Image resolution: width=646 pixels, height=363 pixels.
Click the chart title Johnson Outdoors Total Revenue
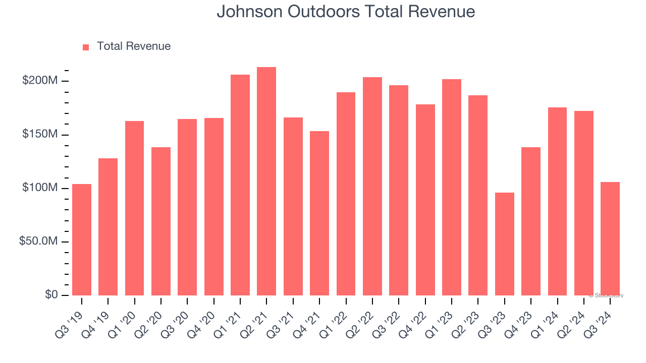pos(346,12)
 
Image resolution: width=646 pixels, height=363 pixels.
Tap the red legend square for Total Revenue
pos(86,47)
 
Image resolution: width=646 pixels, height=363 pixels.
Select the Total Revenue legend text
pos(133,46)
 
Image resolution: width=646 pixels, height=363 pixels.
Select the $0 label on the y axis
pos(50,294)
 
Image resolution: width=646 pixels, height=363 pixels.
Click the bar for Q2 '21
pos(266,181)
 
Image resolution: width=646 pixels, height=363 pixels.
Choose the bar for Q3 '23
pos(504,244)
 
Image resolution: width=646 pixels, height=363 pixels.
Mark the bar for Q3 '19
pos(82,239)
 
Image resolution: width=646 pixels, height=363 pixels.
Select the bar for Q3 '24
pos(610,238)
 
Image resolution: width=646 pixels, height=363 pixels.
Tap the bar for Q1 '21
pos(240,185)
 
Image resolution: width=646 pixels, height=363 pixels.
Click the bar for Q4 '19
pos(108,227)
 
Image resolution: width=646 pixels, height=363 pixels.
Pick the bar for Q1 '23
pos(451,187)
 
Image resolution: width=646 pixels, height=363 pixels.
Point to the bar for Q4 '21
pos(319,213)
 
